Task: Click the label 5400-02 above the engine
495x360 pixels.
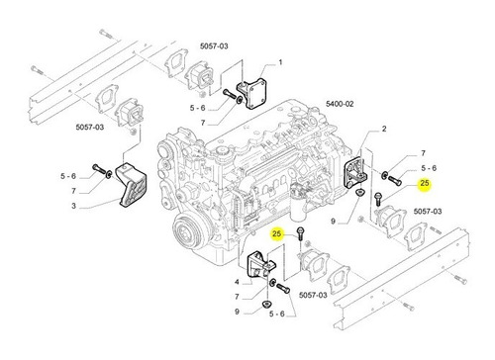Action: point(340,104)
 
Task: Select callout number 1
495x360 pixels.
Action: point(280,62)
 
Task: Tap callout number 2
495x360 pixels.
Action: point(384,129)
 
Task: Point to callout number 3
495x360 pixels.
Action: point(73,206)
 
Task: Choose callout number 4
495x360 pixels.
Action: point(237,282)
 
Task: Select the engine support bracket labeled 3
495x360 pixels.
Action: point(131,186)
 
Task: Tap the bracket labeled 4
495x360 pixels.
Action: point(261,265)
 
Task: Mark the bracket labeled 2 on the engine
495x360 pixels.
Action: point(355,172)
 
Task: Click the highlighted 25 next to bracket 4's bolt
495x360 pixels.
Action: point(277,234)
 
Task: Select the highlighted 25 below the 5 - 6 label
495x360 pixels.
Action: point(425,183)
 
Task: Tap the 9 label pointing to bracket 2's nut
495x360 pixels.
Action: point(333,222)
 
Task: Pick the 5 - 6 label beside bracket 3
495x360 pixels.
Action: point(68,176)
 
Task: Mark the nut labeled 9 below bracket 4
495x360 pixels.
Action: point(265,304)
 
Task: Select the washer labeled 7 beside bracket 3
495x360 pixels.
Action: point(108,174)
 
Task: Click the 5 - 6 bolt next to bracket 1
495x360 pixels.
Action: point(230,93)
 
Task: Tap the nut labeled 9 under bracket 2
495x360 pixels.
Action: point(359,192)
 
